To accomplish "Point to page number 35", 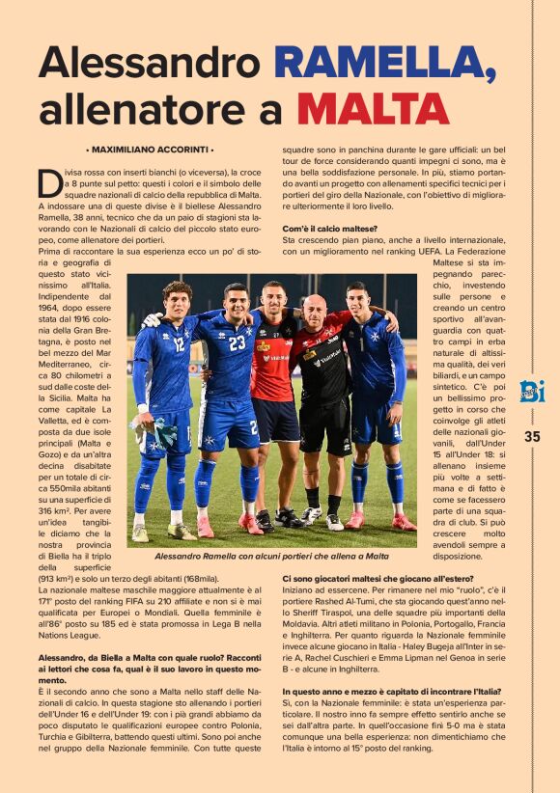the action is pyautogui.click(x=532, y=436).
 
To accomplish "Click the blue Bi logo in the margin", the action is pyautogui.click(x=532, y=391).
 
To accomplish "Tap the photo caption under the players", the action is pyautogui.click(x=272, y=556).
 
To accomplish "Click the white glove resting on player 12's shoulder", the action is pyautogui.click(x=151, y=319).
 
